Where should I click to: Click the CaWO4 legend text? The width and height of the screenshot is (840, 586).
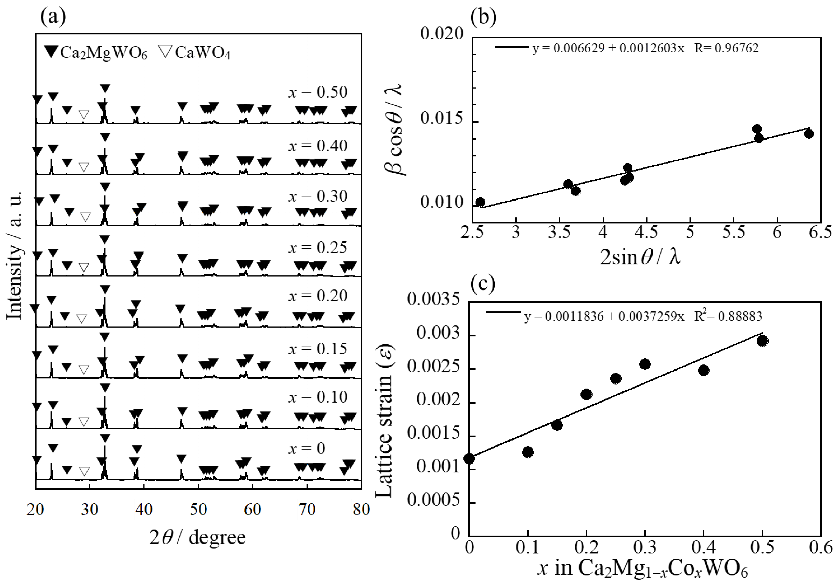coord(202,53)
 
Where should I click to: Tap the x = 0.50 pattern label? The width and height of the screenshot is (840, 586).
coord(317,92)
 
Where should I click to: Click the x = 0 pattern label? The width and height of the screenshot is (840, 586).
coord(307,449)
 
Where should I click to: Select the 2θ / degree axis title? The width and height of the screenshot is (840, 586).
coord(198,537)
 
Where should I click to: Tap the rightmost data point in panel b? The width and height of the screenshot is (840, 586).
coord(809,134)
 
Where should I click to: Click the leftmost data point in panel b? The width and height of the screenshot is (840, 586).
coord(480,202)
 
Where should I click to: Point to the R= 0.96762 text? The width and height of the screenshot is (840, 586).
coord(726,48)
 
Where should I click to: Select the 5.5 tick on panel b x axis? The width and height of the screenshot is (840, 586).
coord(733,232)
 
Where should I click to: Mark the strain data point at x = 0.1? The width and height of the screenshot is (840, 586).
coord(528,452)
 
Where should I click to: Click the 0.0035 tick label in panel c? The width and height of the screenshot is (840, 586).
coord(433,300)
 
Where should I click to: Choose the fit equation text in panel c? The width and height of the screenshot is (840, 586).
coord(604,316)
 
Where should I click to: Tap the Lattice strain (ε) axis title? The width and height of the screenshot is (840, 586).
coord(384,420)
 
